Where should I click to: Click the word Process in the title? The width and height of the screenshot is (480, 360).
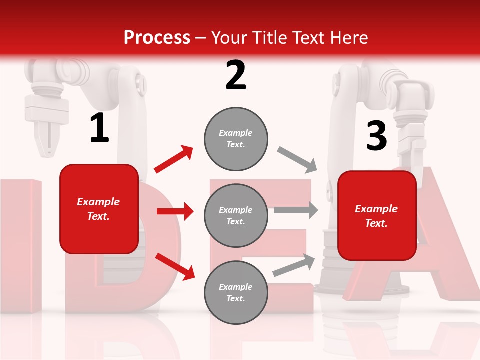pos(157,38)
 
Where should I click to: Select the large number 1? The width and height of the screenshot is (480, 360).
pos(99,129)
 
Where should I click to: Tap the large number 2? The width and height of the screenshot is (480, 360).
pos(236,75)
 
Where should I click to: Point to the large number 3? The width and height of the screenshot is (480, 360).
pos(376,137)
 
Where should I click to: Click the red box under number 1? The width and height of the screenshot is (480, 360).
pos(99,209)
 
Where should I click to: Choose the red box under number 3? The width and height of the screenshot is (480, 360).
pos(377,216)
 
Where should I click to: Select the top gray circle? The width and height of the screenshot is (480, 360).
pos(236,139)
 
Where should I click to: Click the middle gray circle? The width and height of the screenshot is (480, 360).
pos(236,215)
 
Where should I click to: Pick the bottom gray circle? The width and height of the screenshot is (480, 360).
pos(236,292)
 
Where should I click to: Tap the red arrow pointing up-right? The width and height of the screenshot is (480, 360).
pos(173,159)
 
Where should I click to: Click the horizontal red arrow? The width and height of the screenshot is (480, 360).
pos(175,211)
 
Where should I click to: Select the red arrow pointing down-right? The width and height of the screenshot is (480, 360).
pos(175,266)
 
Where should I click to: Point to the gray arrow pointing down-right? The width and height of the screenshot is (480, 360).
pos(297,160)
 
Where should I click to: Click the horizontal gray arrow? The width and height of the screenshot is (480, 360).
pos(296,210)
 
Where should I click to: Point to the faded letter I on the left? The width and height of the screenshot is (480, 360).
pos(20,245)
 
